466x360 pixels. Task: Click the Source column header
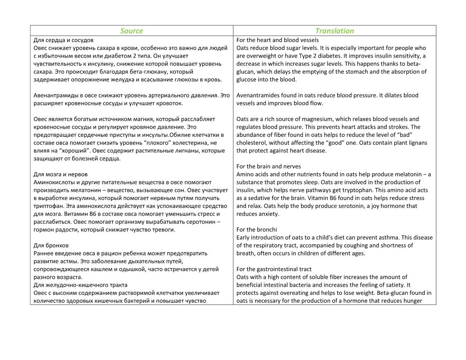click(x=131, y=31)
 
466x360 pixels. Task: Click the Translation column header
click(x=334, y=31)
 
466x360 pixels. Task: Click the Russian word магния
click(x=166, y=119)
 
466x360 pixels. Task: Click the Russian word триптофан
click(x=47, y=206)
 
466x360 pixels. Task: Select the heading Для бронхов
click(x=51, y=245)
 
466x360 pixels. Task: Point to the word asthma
click(x=384, y=238)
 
